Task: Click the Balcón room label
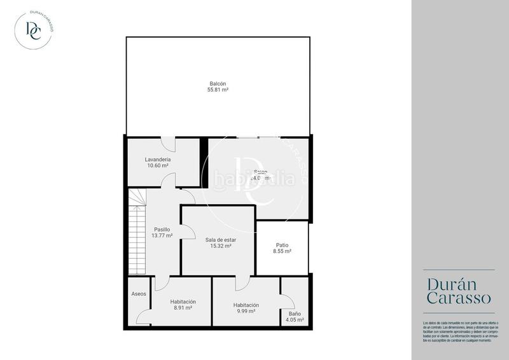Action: coord(218,84)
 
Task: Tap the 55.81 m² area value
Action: coord(218,90)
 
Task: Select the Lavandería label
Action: coord(158,159)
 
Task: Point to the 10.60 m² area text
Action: coord(158,165)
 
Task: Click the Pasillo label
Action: coord(162,229)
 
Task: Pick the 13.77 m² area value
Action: coord(162,235)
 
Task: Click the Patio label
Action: coord(282,245)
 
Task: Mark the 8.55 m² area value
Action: coord(282,251)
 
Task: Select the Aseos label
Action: coord(139,294)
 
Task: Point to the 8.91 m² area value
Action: coord(183,308)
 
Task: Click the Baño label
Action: coord(295,314)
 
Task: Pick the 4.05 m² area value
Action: coord(295,320)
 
